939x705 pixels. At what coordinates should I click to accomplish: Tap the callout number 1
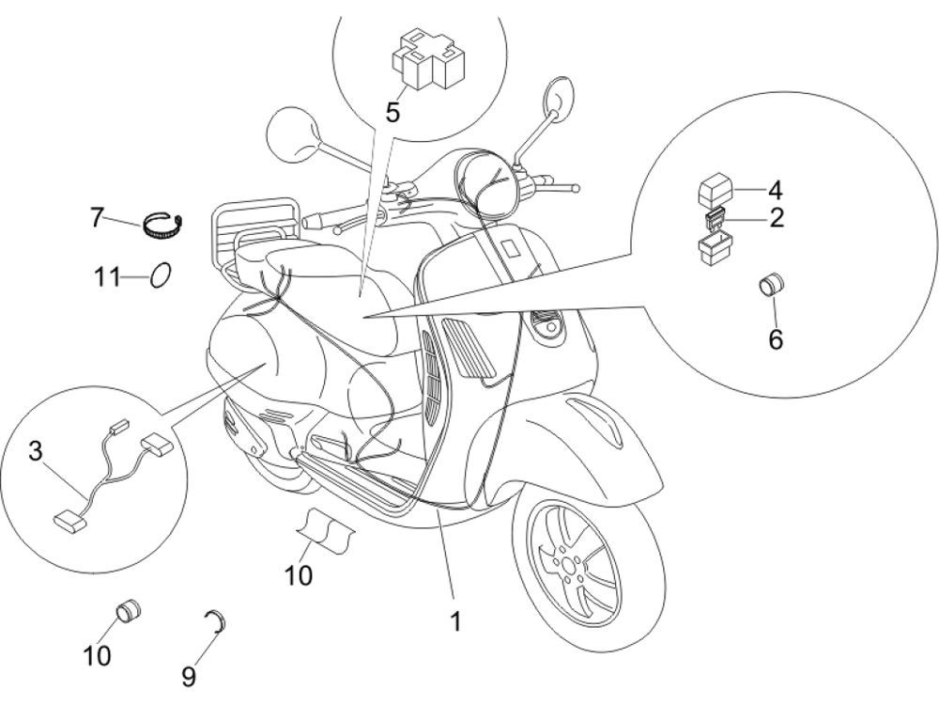pos(454,621)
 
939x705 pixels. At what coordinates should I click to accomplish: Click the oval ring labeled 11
pos(162,276)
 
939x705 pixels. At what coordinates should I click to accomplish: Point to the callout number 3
pos(35,451)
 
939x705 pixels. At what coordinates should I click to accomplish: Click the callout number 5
pos(393,114)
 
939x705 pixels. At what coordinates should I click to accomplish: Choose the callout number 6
pos(775,339)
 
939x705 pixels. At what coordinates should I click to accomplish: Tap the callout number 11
pos(106,278)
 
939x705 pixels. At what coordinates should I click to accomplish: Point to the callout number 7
pos(97,218)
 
